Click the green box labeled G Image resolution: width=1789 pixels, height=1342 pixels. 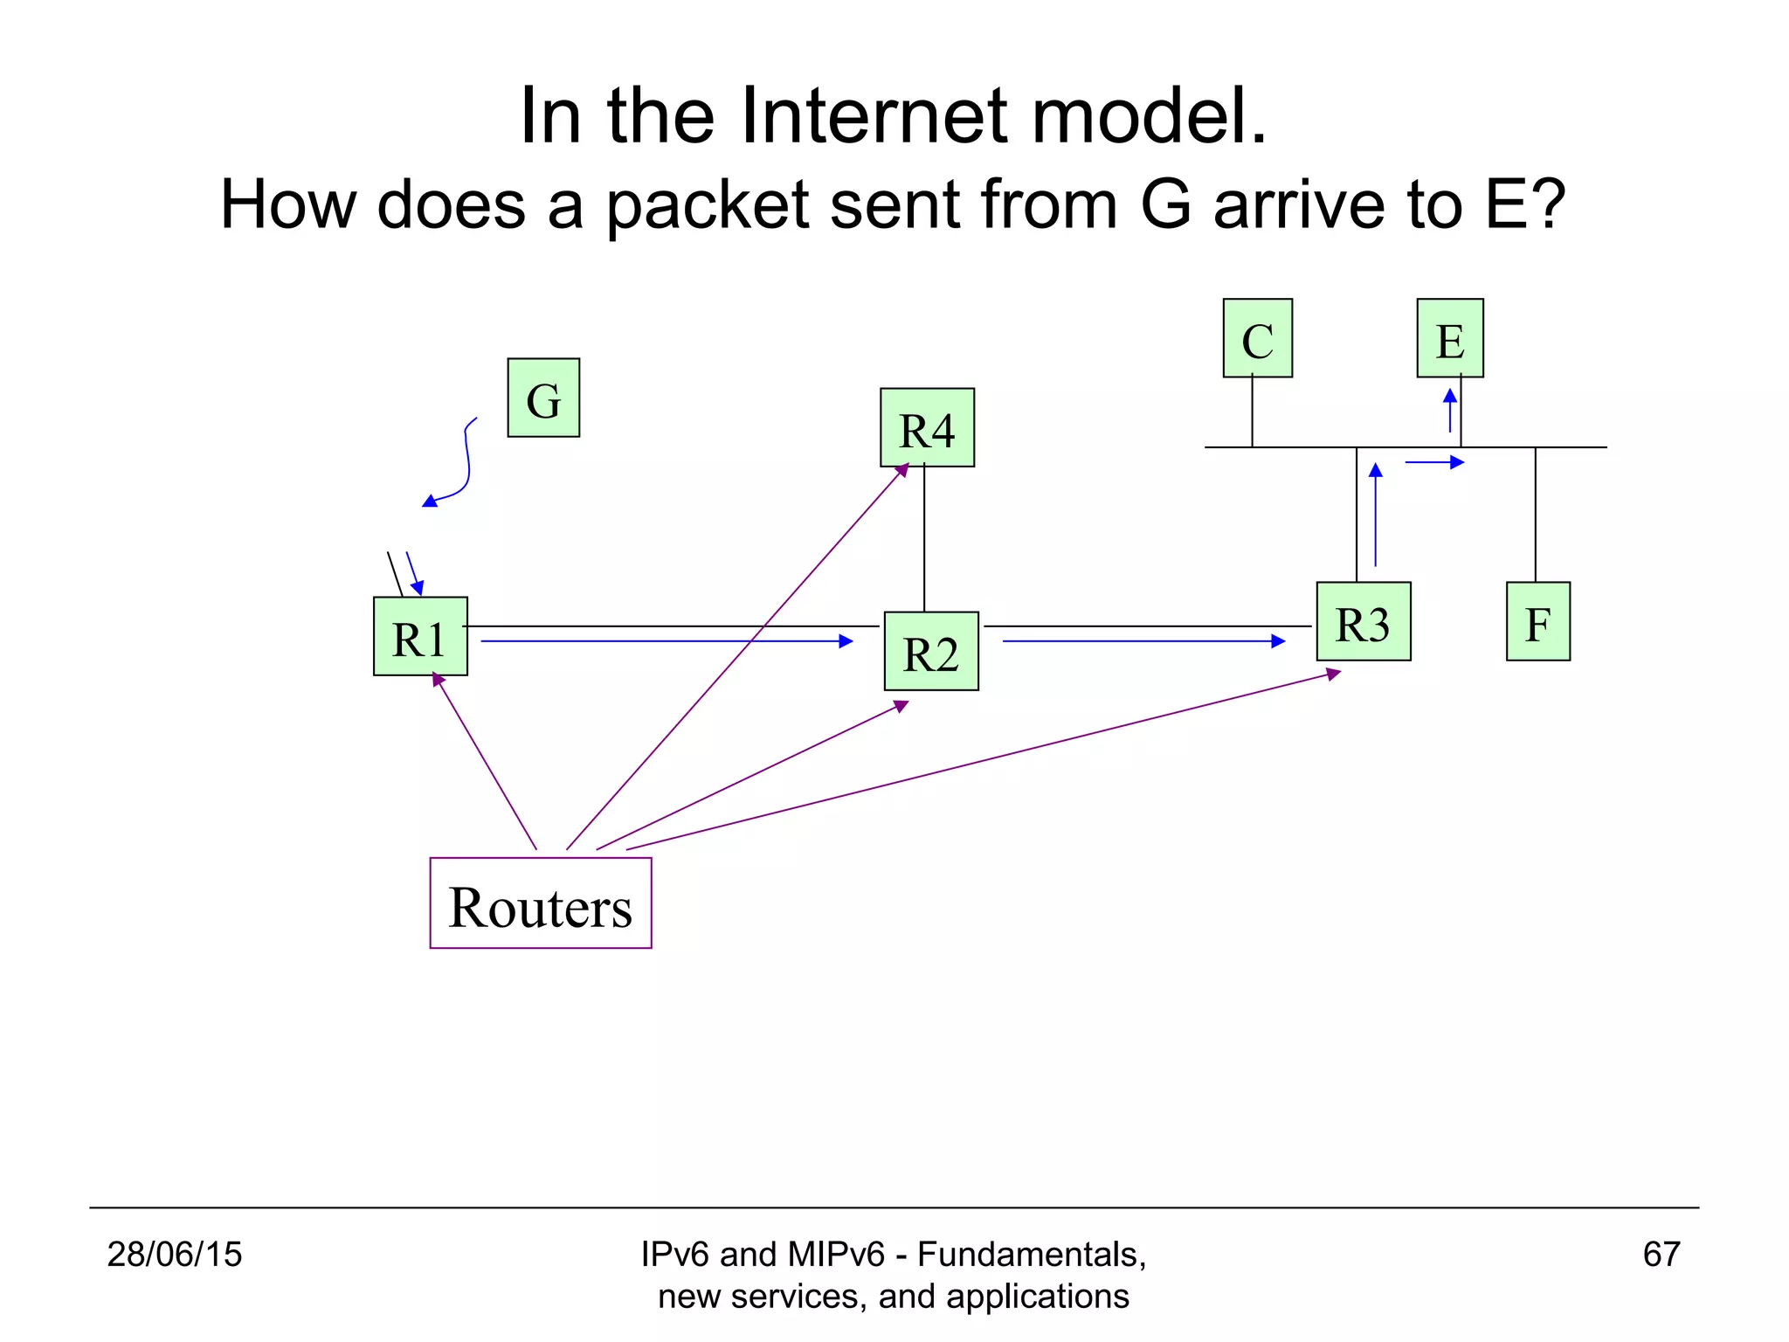click(543, 398)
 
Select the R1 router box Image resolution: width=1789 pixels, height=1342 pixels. click(420, 636)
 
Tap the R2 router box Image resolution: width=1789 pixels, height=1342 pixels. click(931, 651)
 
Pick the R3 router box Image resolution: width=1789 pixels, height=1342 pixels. click(1363, 621)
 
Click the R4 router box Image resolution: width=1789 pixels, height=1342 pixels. click(927, 427)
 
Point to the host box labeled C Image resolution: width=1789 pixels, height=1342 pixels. click(1257, 338)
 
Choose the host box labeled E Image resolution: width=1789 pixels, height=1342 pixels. click(1449, 338)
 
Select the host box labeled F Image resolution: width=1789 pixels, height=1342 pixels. click(1537, 621)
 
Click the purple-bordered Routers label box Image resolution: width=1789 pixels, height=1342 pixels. click(541, 903)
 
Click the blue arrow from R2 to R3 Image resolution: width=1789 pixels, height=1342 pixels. click(1143, 641)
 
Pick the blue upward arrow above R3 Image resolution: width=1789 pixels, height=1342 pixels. click(1376, 515)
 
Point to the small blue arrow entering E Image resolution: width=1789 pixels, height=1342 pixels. click(1450, 411)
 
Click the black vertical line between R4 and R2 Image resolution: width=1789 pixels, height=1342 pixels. click(924, 539)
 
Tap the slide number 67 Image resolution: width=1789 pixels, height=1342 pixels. click(1661, 1254)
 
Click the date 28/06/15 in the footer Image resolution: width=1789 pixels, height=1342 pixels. click(174, 1254)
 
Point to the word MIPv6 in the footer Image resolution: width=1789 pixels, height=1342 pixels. click(835, 1254)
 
